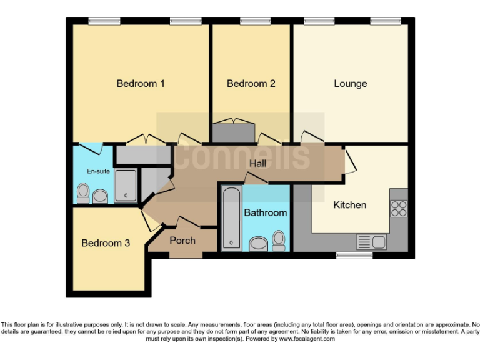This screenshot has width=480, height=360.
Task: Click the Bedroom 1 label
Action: click(x=141, y=83)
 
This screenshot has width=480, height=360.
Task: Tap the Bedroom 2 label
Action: click(x=251, y=83)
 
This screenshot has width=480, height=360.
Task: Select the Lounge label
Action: click(x=350, y=83)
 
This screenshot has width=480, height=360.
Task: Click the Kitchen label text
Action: click(x=349, y=204)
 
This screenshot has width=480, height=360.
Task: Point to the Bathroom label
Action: click(x=265, y=212)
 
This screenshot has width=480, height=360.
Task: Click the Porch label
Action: click(x=182, y=240)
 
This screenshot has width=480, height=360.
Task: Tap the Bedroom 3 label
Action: click(x=106, y=243)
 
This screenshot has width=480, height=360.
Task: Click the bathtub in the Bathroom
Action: click(x=231, y=218)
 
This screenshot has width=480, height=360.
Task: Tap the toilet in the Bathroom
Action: click(x=278, y=241)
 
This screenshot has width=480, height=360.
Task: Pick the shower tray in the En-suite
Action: click(x=125, y=186)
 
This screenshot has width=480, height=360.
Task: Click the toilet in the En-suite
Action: click(x=82, y=193)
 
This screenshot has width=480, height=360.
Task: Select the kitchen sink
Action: click(x=371, y=241)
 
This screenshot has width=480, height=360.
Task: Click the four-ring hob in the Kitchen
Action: click(x=399, y=207)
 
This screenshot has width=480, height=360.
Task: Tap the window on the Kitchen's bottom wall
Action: click(x=354, y=255)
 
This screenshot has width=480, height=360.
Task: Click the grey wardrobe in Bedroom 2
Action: click(x=234, y=132)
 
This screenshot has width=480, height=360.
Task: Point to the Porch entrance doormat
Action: click(x=186, y=254)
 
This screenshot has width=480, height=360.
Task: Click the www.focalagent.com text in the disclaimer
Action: click(x=307, y=339)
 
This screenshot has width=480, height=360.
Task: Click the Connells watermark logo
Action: click(x=241, y=157)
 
